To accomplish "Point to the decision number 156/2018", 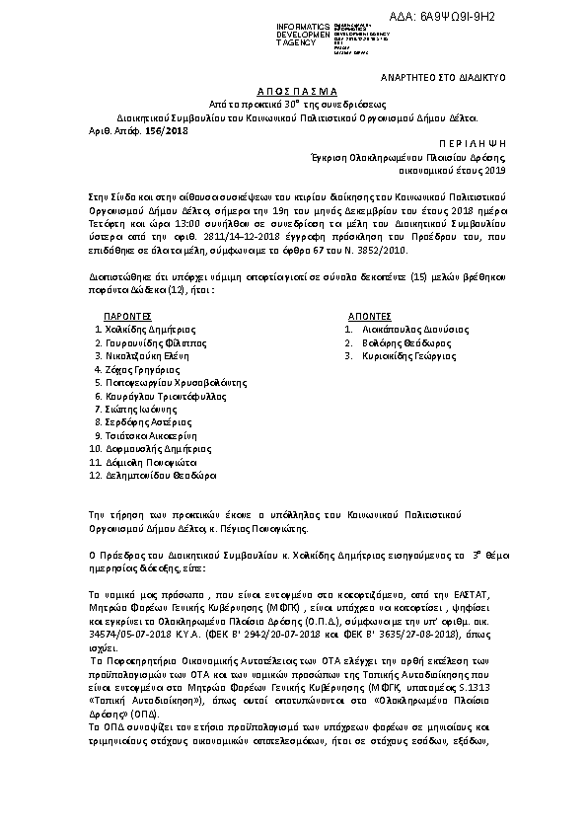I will click(172, 129).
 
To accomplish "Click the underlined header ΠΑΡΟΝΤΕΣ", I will click(126, 316).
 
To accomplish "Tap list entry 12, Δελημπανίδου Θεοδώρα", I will click(159, 475).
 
